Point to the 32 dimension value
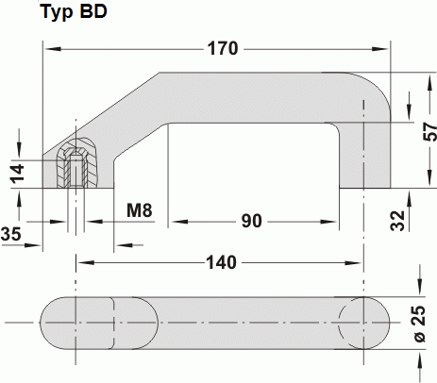pos(396,220)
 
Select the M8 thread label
pos(139,209)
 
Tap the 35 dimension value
pos(12,232)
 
